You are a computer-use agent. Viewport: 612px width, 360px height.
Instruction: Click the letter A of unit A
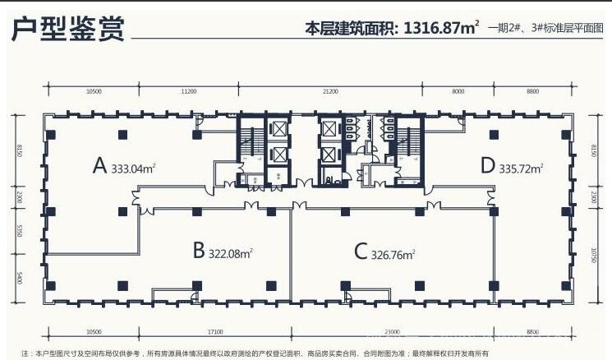coord(100,167)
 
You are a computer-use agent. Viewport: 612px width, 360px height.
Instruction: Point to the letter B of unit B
coord(198,252)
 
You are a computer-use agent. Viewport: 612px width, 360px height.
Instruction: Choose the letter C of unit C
coord(360,252)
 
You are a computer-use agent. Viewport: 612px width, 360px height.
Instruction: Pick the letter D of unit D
coord(488,167)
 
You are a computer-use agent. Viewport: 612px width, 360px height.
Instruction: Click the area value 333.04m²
coord(134,169)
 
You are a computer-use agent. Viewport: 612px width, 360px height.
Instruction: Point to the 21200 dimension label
coord(330,92)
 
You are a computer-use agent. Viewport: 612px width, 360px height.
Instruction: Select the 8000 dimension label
coord(458,92)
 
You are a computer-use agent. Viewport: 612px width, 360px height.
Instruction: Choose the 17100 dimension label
coord(216,331)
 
